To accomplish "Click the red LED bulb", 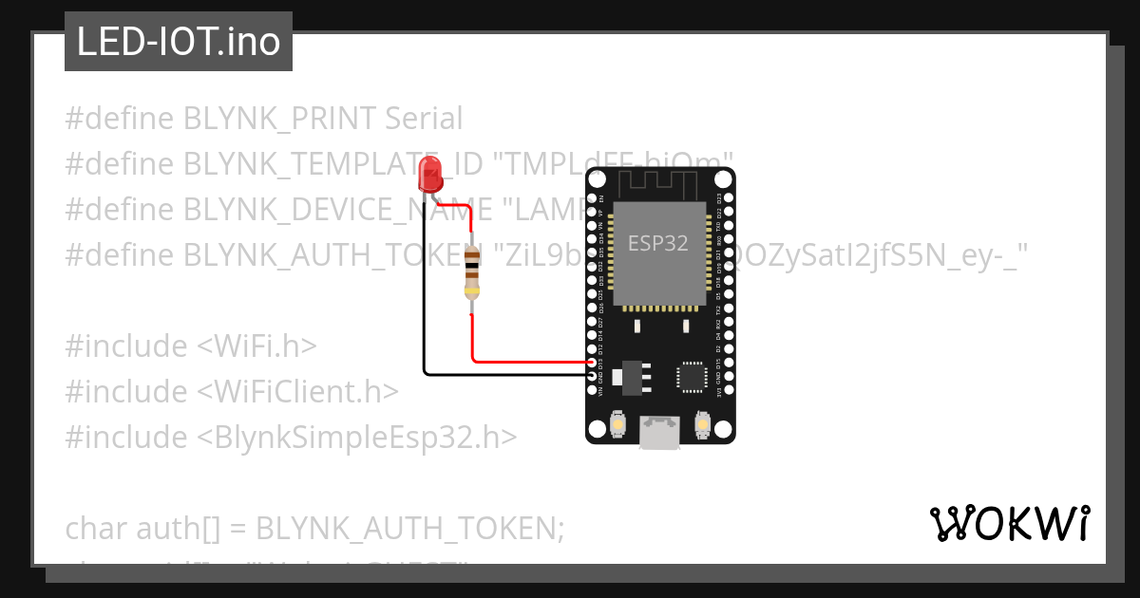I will (x=429, y=174).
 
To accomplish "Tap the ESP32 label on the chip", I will (x=657, y=243).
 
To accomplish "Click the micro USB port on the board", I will (x=659, y=432).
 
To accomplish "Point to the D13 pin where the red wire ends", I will (x=594, y=362).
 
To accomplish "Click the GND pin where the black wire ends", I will (x=594, y=375).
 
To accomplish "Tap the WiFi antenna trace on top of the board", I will (x=659, y=181).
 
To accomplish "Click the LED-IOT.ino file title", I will (x=179, y=43).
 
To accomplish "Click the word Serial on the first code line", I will (x=424, y=119).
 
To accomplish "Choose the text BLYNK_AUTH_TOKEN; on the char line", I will (x=410, y=528).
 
